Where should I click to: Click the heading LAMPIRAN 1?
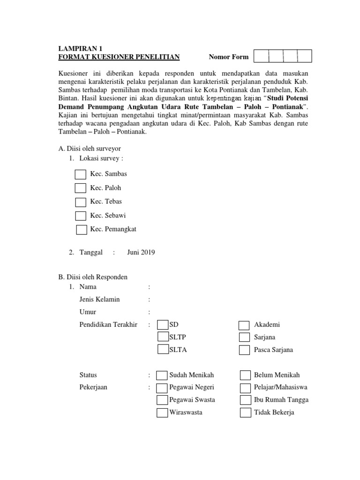[x=80, y=48]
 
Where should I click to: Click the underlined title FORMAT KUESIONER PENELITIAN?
[x=119, y=57]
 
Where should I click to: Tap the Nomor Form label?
[x=229, y=57]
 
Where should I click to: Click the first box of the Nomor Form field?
[x=261, y=56]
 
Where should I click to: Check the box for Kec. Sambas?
[x=81, y=174]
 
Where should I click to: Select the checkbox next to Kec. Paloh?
[x=81, y=188]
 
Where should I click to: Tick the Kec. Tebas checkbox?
[x=81, y=202]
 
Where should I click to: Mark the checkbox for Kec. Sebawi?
[x=81, y=216]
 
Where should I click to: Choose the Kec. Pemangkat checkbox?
[x=82, y=230]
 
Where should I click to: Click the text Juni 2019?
[x=141, y=252]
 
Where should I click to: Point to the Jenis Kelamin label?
[x=99, y=300]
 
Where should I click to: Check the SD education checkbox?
[x=163, y=325]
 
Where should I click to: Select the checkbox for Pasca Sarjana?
[x=244, y=350]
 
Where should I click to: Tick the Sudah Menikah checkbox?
[x=162, y=375]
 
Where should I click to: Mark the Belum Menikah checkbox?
[x=245, y=375]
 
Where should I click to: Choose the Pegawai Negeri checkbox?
[x=162, y=388]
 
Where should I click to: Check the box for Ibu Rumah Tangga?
[x=245, y=400]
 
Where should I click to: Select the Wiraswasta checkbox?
[x=162, y=413]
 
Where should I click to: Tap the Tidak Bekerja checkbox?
[x=245, y=413]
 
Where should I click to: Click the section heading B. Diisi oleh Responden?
[x=93, y=277]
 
